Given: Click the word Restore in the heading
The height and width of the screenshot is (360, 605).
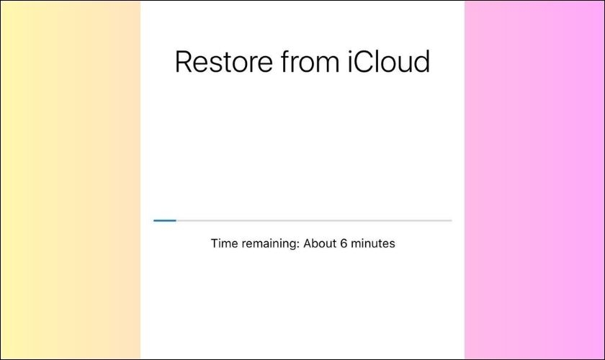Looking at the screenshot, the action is [x=224, y=61].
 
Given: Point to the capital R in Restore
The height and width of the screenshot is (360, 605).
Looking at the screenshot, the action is [x=184, y=61].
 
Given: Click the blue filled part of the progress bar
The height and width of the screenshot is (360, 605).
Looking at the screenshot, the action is [x=165, y=220].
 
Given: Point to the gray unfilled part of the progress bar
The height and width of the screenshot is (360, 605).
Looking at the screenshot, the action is [x=314, y=220].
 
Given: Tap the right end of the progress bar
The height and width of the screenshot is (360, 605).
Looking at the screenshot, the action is [x=452, y=220].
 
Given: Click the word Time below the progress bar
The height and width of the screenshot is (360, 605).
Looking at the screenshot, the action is [x=224, y=243].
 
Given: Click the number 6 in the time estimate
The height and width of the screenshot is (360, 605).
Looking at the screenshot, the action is [x=344, y=243].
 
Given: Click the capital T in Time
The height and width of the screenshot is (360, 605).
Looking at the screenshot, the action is [x=214, y=243].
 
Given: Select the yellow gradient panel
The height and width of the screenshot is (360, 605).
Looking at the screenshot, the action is [x=71, y=180].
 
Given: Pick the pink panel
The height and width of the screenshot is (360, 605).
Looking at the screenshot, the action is [x=534, y=180].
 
